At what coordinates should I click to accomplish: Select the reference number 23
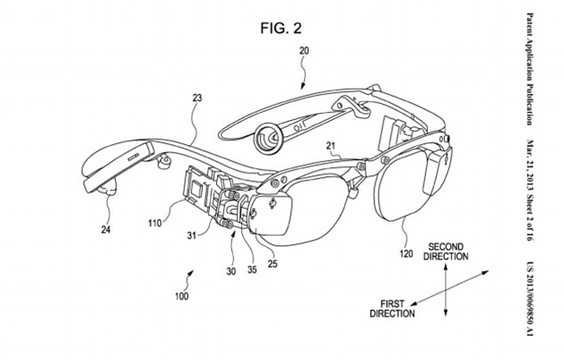[x=197, y=100]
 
